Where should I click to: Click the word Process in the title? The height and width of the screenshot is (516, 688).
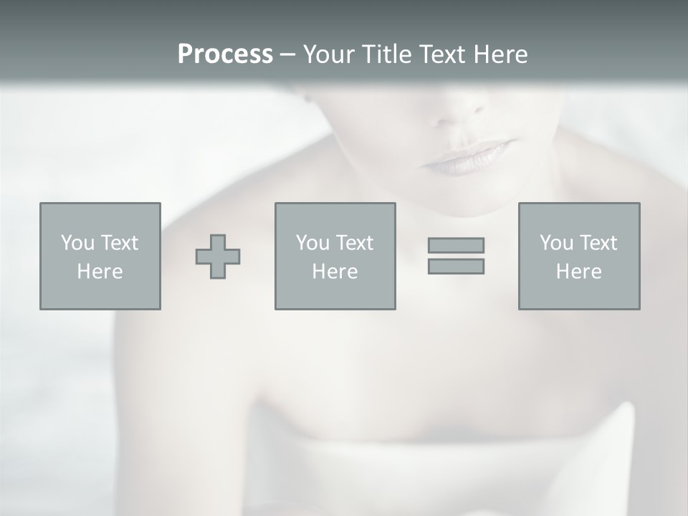coord(225,54)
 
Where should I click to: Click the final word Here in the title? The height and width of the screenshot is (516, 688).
coord(501,54)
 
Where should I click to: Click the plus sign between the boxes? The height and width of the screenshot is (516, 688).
coord(218,257)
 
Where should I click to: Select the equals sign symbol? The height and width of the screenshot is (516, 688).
coord(456,256)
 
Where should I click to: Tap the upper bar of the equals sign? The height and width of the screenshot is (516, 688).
coord(456,245)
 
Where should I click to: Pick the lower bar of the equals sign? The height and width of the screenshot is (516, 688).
coord(456,267)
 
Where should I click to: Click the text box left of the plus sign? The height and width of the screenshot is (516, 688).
coord(100,257)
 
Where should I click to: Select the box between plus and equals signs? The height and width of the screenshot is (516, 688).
coord(335,257)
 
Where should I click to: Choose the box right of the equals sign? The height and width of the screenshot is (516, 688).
coord(578,257)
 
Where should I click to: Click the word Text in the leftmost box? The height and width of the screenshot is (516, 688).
coord(120,243)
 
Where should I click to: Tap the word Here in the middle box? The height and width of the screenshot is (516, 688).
coord(335,272)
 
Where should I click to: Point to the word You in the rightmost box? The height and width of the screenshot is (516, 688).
coord(556,243)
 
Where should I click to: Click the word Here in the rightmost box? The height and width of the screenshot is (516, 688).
coord(578,272)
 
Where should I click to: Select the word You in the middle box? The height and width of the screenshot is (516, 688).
coord(312,243)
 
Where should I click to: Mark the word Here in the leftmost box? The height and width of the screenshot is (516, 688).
coord(100,272)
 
